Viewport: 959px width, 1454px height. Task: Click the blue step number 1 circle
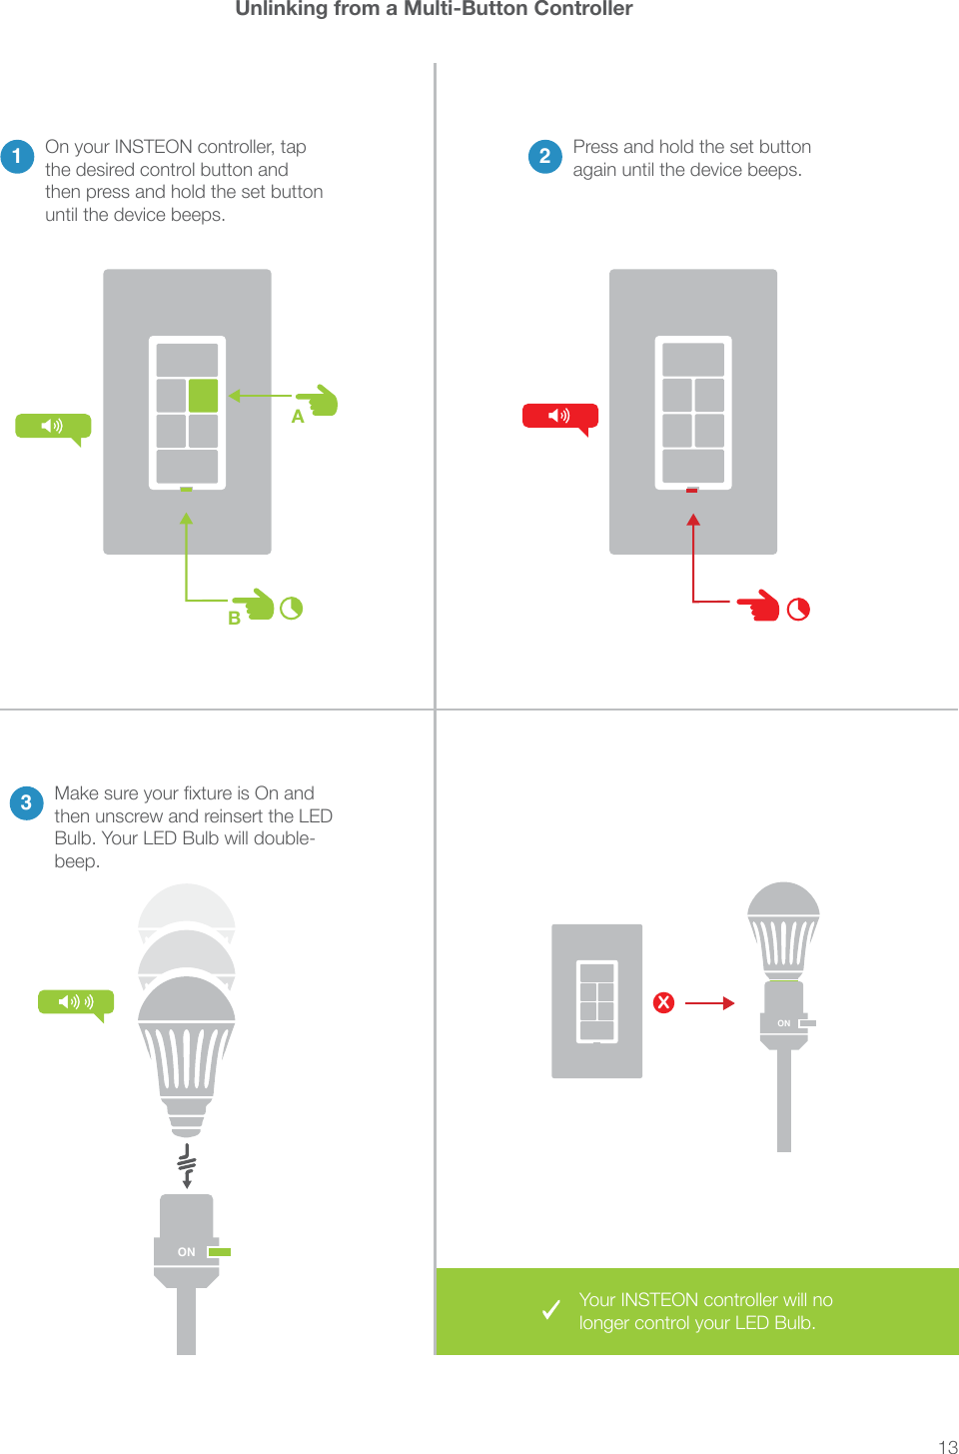17,156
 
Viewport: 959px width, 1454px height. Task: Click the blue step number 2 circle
544,156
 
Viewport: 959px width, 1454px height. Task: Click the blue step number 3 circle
26,802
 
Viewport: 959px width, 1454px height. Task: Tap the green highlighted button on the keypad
203,396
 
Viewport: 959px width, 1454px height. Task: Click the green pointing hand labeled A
320,401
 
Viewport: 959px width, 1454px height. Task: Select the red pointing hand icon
761,606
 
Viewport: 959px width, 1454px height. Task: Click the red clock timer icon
798,610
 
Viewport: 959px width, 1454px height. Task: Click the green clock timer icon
291,609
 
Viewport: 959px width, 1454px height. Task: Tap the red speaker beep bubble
559,416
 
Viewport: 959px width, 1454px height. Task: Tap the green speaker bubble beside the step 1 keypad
53,427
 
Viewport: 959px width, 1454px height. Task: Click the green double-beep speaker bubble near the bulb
76,1002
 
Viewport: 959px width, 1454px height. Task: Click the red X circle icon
663,1002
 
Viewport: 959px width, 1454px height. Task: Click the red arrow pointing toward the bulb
710,1002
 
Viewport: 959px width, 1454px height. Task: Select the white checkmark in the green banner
550,1309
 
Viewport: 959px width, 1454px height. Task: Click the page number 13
947,1446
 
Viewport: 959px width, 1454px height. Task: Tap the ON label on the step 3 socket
186,1252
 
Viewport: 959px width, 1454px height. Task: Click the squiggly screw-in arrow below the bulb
187,1166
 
